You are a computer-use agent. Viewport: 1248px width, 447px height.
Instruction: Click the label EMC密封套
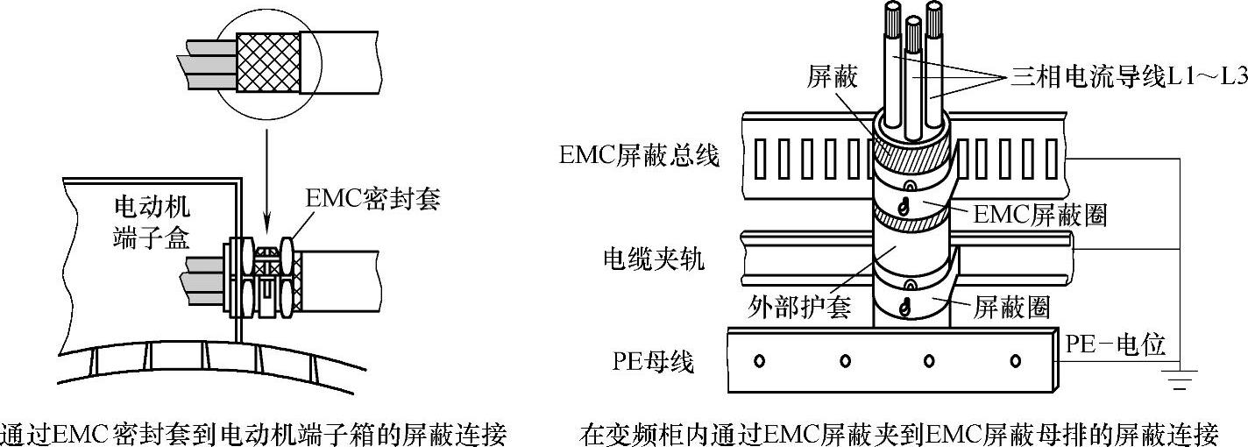(372, 199)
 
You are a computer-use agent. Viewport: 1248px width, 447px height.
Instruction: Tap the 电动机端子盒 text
(152, 223)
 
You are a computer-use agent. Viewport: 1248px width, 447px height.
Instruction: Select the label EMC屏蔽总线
(639, 156)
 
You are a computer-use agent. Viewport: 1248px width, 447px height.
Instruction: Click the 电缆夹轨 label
(653, 259)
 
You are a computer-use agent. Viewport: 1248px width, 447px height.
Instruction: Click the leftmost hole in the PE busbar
(759, 360)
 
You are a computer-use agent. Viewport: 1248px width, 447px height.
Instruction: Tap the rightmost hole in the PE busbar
(1016, 360)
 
